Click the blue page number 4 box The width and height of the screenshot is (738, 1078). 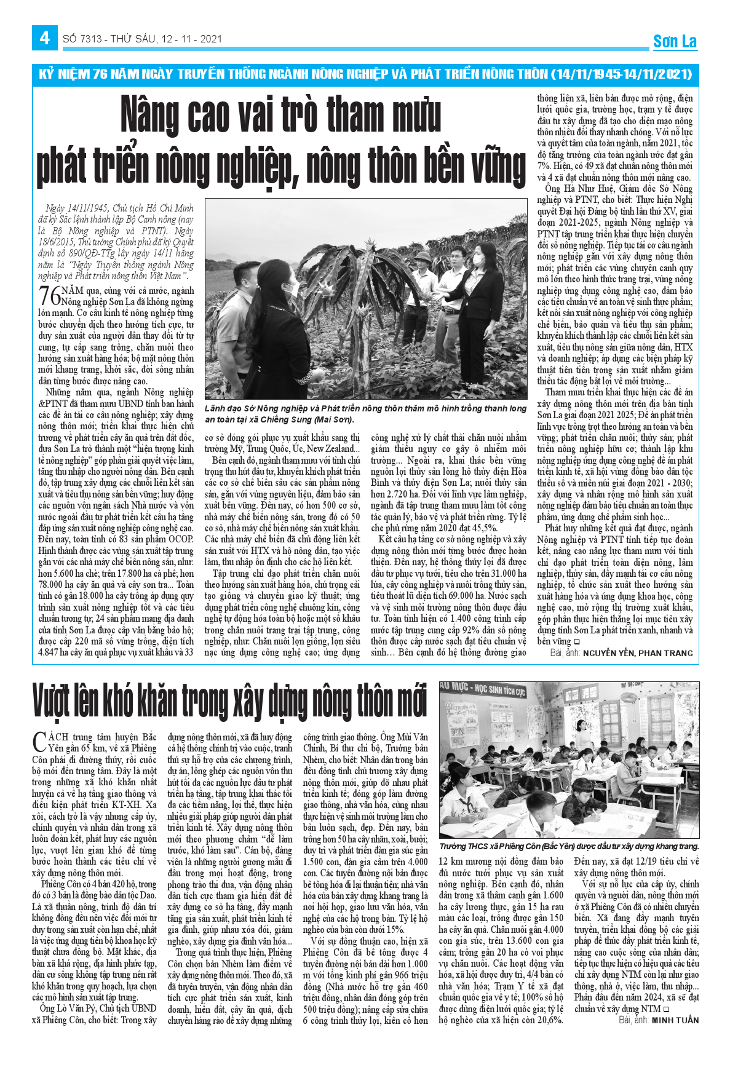pos(44,38)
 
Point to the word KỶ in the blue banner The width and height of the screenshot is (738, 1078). pos(47,74)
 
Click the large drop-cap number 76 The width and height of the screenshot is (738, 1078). pos(49,295)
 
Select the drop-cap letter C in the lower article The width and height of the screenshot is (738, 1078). pos(39,740)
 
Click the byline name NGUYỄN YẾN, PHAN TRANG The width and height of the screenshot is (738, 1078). pos(637,653)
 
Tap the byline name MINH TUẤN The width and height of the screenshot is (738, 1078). pos(675,1020)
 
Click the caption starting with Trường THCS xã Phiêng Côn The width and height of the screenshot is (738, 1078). pos(568,847)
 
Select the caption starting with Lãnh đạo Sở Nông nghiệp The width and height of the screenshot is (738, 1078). pos(365,414)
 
